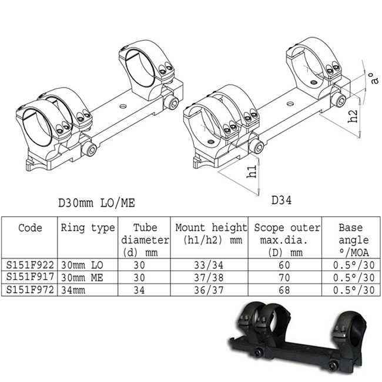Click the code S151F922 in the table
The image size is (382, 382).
29,265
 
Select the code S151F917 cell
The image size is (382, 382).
29,277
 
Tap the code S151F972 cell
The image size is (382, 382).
29,290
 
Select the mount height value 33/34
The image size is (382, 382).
211,265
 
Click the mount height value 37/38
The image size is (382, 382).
211,277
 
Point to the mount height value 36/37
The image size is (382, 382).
211,290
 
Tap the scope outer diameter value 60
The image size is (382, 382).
287,265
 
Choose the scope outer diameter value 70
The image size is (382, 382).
287,277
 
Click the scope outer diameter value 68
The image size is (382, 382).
287,290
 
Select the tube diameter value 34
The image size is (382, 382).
144,290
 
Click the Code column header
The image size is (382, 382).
30,228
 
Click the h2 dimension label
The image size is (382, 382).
350,116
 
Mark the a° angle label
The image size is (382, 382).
371,78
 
